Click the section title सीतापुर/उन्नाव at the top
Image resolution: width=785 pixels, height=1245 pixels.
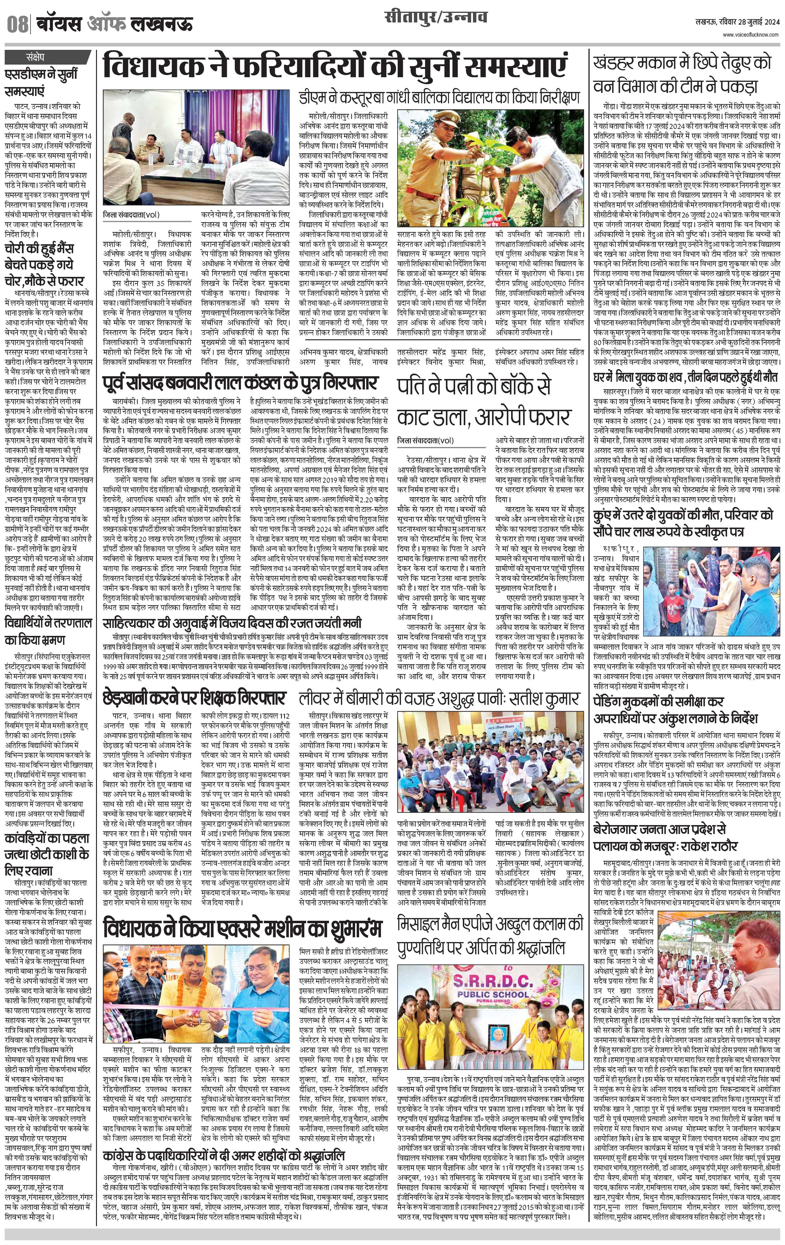click(435, 19)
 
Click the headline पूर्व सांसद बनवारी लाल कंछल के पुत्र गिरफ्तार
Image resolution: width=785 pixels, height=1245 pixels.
click(240, 383)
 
